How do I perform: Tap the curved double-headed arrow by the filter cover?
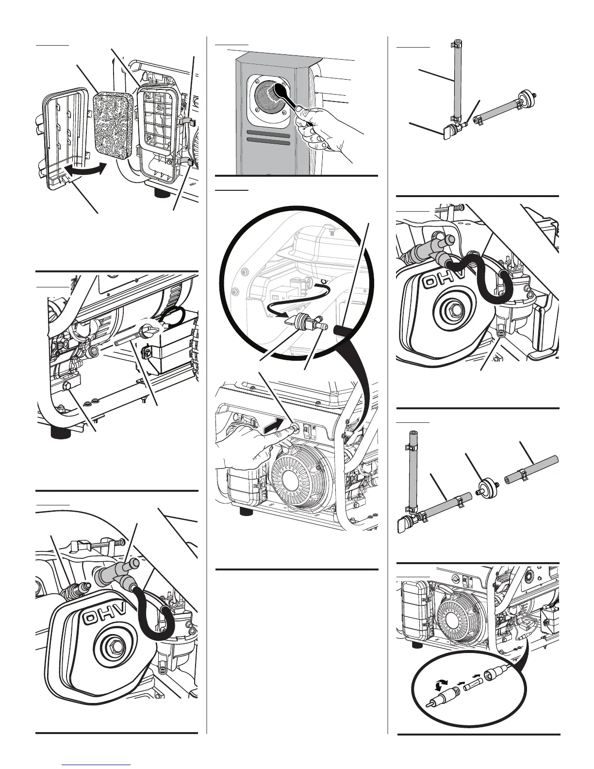tap(85, 170)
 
